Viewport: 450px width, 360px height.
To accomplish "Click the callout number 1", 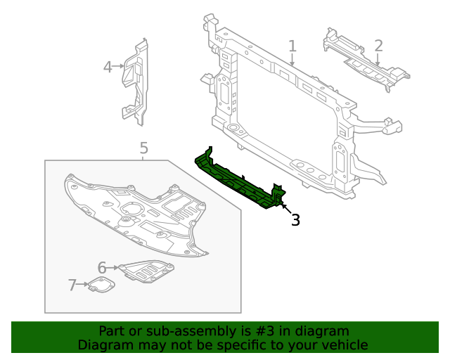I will tap(292, 46).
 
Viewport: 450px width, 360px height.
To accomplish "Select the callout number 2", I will tap(378, 46).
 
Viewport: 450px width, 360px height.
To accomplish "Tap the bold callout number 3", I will tap(295, 220).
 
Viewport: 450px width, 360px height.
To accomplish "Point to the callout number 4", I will tap(108, 67).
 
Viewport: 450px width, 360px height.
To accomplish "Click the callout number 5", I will tap(143, 148).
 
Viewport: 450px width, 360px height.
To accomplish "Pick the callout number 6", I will tap(102, 268).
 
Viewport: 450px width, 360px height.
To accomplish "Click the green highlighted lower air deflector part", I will tap(239, 181).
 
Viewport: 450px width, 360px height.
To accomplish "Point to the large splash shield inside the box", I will tap(134, 211).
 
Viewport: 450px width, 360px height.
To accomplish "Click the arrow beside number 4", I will tap(118, 67).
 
